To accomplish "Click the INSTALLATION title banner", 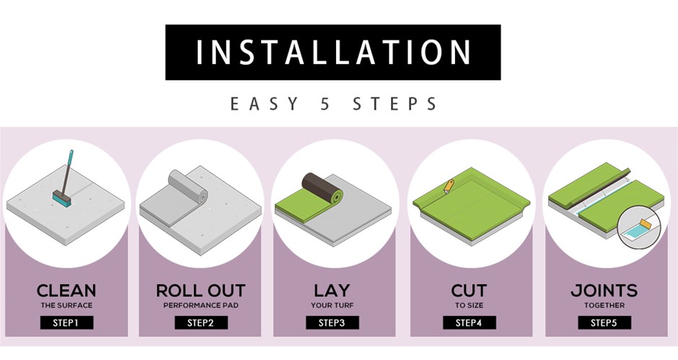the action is point(333,53).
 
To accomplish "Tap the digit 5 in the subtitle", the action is point(325,105).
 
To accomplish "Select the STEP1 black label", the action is point(66,322).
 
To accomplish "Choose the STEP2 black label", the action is point(201,322).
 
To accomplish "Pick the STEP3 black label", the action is point(333,322).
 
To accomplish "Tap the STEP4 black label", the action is point(469,322).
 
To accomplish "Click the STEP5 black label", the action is point(604,322).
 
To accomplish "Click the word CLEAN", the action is point(66,290).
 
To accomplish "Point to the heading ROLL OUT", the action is point(201,290).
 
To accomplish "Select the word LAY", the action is point(332,290).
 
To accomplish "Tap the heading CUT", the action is point(469,290).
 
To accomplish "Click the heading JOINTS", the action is point(604,290).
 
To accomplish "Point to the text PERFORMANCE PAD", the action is point(201,305).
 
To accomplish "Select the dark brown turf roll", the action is point(322,188).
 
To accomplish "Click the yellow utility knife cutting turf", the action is point(449,186).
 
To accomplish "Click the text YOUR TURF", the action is point(332,305).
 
